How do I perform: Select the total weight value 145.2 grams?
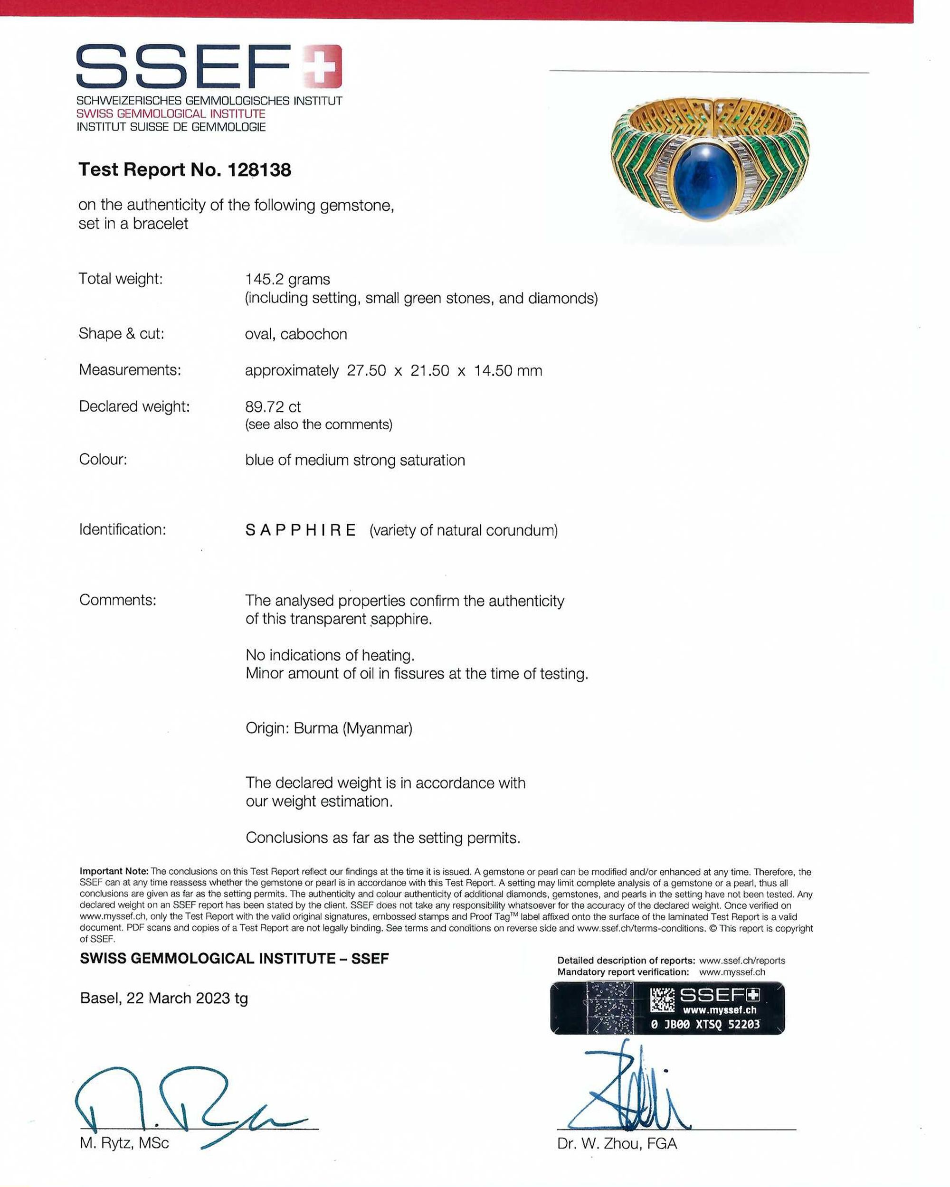(287, 279)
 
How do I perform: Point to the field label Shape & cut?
(121, 334)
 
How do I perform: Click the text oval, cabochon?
(296, 334)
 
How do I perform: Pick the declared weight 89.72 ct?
(273, 407)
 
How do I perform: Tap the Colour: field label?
(103, 459)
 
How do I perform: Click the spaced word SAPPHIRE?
(301, 530)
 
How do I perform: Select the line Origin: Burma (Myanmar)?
(329, 728)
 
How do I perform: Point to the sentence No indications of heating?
(330, 655)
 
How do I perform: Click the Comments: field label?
(117, 600)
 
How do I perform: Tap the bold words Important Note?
(114, 872)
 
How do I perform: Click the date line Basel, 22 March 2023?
(157, 998)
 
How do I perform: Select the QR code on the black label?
(662, 1000)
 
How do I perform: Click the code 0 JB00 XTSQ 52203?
(705, 1024)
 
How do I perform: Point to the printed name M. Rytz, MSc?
(124, 1143)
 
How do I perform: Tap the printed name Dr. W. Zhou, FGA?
(617, 1143)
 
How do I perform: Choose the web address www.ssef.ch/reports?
(742, 961)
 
